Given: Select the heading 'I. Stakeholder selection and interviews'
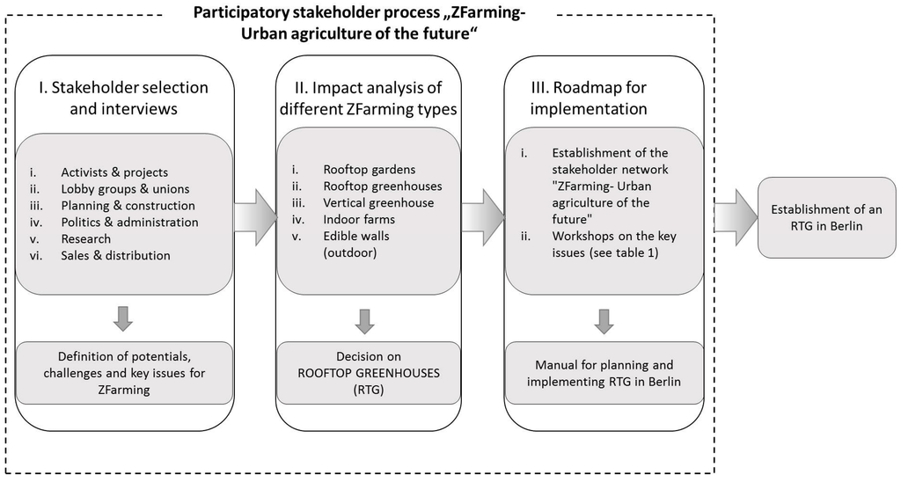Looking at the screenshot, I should point(123,98).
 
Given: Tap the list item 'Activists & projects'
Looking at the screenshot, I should point(114,172).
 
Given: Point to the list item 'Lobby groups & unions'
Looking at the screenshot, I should point(125,188).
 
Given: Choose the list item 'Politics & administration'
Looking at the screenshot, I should point(129,222).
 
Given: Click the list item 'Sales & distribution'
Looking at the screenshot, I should point(115,255).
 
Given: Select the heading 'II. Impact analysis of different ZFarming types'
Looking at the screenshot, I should point(368,98).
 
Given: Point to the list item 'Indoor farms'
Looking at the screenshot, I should point(359,219).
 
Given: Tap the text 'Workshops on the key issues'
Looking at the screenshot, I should point(614,245).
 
